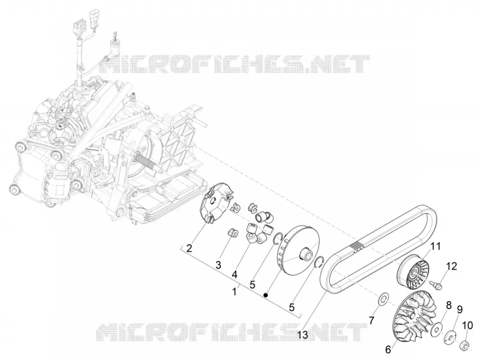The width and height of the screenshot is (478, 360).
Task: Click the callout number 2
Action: pyautogui.click(x=189, y=248)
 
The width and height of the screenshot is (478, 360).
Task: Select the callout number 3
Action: pyautogui.click(x=218, y=265)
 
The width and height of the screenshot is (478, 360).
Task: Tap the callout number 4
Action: pyautogui.click(x=234, y=274)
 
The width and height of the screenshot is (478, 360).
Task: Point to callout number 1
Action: pyautogui.click(x=234, y=292)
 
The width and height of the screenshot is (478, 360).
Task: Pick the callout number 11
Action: pyautogui.click(x=436, y=246)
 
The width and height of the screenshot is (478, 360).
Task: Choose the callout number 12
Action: pyautogui.click(x=452, y=266)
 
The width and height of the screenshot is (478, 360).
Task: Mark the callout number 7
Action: pyautogui.click(x=371, y=321)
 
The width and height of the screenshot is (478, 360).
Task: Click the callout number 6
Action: pyautogui.click(x=388, y=349)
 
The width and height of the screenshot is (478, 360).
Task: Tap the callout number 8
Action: pyautogui.click(x=449, y=305)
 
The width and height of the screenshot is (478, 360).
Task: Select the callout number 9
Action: pyautogui.click(x=459, y=310)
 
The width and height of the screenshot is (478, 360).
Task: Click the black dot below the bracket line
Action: pyautogui.click(x=266, y=295)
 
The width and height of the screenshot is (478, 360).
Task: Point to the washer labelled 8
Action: pyautogui.click(x=437, y=328)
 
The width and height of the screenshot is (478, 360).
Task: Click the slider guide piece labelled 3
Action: pyautogui.click(x=232, y=232)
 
